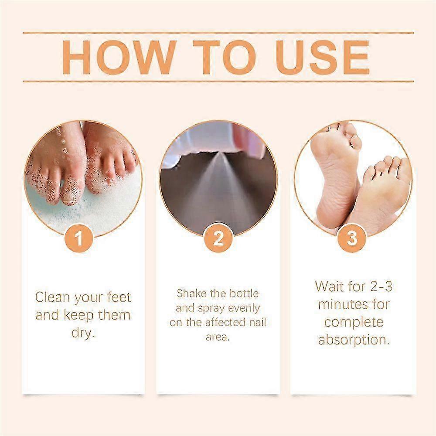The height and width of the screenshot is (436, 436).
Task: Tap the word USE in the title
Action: [x=323, y=57]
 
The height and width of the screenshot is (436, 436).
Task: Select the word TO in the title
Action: [x=224, y=57]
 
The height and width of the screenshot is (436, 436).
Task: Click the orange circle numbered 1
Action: [x=78, y=238]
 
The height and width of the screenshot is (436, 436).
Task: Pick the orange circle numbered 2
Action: [x=218, y=238]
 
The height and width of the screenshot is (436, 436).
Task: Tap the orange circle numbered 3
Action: [x=352, y=238]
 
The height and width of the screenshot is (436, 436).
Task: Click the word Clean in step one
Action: [x=52, y=297]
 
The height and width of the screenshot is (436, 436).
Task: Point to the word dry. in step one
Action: [x=83, y=333]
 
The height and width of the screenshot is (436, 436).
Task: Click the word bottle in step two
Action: [x=245, y=293]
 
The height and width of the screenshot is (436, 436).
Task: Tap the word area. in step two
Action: [x=218, y=337]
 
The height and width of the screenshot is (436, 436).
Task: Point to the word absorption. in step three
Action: [x=354, y=340]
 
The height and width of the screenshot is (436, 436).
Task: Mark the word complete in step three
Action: [x=354, y=323]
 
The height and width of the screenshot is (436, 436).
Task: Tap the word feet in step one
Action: [x=119, y=297]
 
